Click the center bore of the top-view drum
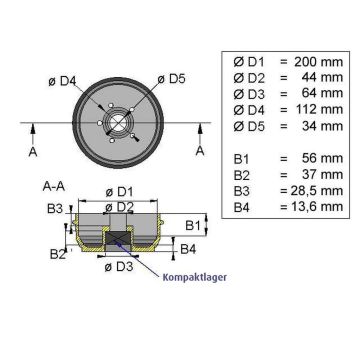tap(119, 123)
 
